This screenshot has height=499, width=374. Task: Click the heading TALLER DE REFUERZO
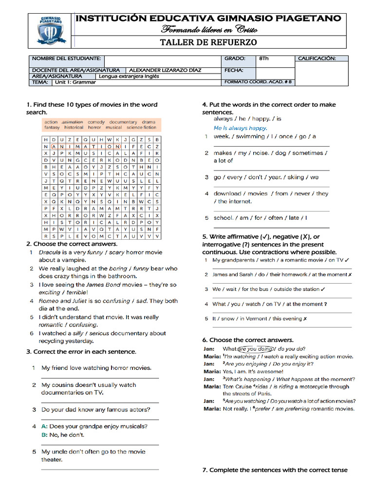pyautogui.click(x=208, y=42)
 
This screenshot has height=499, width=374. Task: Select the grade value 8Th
pyautogui.click(x=263, y=58)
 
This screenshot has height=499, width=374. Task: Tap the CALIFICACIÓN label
pyautogui.click(x=317, y=58)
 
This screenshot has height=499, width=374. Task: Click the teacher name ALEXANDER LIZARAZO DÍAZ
pyautogui.click(x=165, y=70)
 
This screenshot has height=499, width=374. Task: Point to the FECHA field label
pyautogui.click(x=234, y=70)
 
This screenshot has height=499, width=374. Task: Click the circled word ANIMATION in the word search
pyautogui.click(x=86, y=146)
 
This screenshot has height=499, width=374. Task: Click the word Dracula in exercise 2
pyautogui.click(x=50, y=252)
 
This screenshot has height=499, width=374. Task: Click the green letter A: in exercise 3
pyautogui.click(x=44, y=426)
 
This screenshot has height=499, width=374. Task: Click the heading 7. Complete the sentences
pyautogui.click(x=275, y=470)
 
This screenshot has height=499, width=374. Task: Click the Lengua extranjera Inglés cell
pyautogui.click(x=129, y=77)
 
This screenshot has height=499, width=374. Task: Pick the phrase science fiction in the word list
pyautogui.click(x=141, y=128)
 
